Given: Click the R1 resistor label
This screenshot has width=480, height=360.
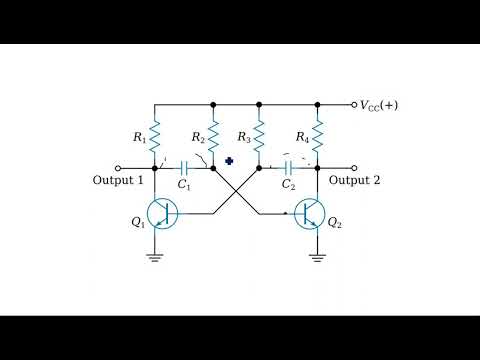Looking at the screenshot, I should tap(140, 137).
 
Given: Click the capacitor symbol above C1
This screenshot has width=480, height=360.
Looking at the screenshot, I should tap(185, 168).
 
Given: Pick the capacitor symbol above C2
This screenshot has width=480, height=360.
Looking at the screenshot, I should tap(288, 168).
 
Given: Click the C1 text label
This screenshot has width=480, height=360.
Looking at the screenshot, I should tap(184, 185).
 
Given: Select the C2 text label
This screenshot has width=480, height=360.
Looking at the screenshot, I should tap(288, 185).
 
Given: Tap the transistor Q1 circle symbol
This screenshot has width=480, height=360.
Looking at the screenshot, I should tap(162, 214).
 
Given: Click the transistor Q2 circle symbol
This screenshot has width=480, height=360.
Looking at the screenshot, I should tap(311, 214).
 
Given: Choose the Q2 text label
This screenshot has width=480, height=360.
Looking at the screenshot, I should tap(335, 222).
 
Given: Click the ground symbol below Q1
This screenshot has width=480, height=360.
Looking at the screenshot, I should tap(155, 256).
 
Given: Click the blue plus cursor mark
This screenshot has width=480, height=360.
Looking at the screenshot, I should tap(229, 160).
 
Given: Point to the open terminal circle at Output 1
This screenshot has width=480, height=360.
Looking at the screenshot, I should tap(118, 168).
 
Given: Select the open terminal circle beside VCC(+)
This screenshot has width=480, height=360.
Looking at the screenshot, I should tap(355, 104).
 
